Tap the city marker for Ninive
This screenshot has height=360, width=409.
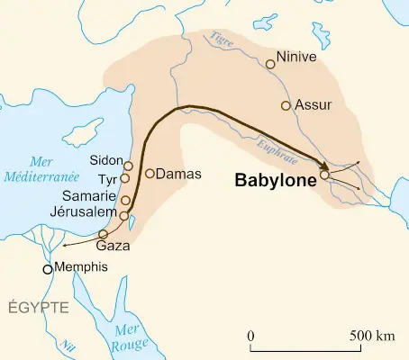pyautogui.click(x=269, y=64)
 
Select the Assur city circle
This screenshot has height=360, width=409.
pyautogui.click(x=286, y=106)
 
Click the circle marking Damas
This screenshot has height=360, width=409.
pyautogui.click(x=150, y=173)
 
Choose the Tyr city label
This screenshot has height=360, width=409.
pyautogui.click(x=108, y=178)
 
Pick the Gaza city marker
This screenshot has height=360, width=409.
pyautogui.click(x=103, y=234)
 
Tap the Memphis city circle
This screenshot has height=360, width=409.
pyautogui.click(x=48, y=269)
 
